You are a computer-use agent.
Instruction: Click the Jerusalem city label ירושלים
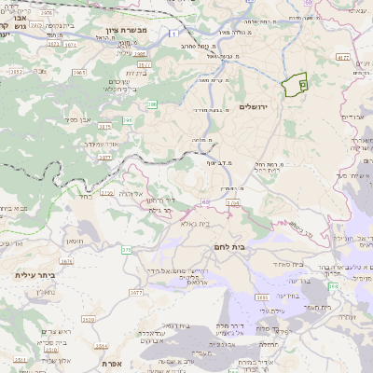pyautogui.click(x=253, y=107)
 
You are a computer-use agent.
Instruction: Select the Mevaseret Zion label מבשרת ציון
pyautogui.click(x=120, y=31)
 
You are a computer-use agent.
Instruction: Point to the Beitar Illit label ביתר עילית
pyautogui.click(x=36, y=275)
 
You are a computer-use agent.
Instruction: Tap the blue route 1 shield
pyautogui.click(x=173, y=33)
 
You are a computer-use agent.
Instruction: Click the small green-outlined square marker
pyautogui.click(x=302, y=84)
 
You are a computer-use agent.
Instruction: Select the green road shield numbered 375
pyautogui.click(x=127, y=250)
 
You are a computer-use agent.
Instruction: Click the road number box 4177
pyautogui.click(x=342, y=58)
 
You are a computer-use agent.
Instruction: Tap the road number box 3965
pyautogui.click(x=80, y=72)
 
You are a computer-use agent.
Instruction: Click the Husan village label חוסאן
pyautogui.click(x=76, y=242)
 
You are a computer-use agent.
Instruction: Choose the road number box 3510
pyautogui.click(x=88, y=319)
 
